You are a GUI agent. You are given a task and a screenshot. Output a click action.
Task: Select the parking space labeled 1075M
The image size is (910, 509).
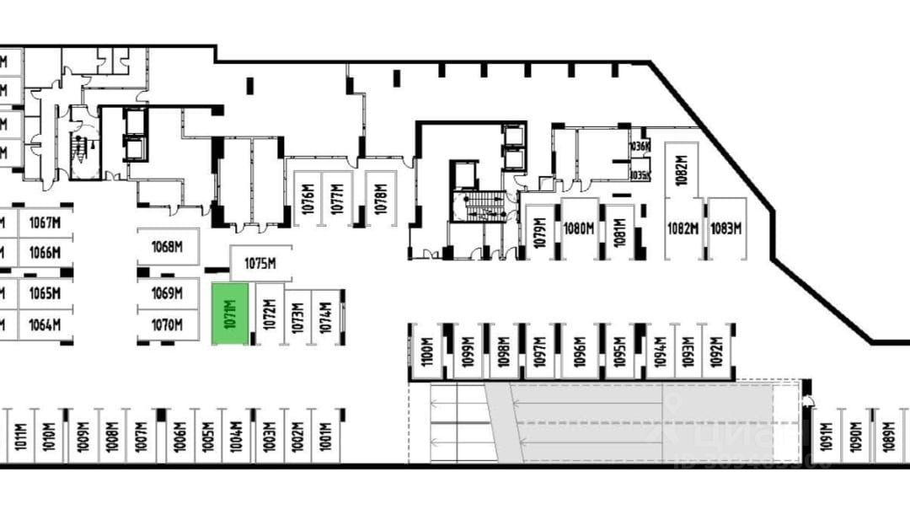[260, 264]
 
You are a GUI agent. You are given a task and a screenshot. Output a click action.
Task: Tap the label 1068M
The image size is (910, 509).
[168, 247]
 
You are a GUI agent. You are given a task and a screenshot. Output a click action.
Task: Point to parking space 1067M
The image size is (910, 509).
[45, 223]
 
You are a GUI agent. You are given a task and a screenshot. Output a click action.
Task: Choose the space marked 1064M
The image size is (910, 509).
[45, 324]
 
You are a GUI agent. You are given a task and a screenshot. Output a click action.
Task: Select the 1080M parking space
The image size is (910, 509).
[579, 228]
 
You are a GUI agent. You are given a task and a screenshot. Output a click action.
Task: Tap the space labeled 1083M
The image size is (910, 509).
[726, 228]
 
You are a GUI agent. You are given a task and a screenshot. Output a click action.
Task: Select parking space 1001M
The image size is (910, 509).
[325, 437]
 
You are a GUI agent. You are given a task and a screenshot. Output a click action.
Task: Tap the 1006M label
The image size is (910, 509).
[179, 437]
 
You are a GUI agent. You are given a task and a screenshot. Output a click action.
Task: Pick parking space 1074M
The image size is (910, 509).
[326, 317]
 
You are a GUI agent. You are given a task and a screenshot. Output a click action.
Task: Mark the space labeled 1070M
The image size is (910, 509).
[168, 324]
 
